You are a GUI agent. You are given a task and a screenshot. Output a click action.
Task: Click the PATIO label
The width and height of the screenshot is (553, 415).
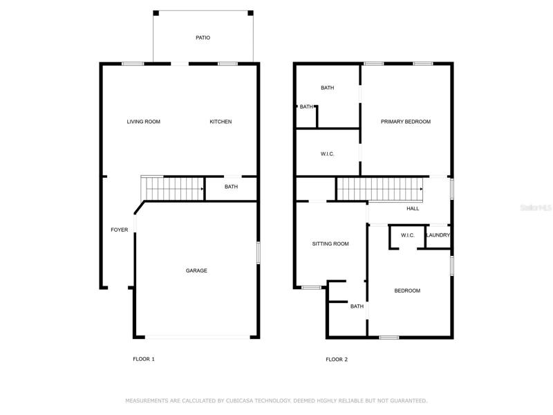coord(203,37)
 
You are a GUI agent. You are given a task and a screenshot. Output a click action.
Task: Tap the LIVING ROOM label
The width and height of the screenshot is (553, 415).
coord(144,122)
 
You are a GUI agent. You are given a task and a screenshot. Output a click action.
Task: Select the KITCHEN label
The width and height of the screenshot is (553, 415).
coord(221,122)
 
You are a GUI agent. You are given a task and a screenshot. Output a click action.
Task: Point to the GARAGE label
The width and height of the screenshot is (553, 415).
coord(196,270)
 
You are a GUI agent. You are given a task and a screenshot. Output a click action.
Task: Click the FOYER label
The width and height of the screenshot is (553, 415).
coord(120,230)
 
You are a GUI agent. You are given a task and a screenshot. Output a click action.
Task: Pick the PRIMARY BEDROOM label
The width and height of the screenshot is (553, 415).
coord(406,122)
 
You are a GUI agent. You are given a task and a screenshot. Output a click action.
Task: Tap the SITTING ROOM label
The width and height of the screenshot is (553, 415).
coord(330,243)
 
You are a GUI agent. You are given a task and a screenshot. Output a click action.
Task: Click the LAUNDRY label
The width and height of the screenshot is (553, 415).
coord(438,235)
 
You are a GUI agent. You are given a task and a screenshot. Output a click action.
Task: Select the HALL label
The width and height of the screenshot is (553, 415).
coord(413,209)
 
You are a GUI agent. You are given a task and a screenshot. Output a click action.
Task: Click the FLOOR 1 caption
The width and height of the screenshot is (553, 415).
coord(144,359)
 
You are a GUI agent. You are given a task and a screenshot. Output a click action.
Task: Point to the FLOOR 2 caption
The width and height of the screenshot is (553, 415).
coord(337,359)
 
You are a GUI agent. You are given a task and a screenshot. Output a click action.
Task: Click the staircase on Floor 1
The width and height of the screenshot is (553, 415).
coord(172,188)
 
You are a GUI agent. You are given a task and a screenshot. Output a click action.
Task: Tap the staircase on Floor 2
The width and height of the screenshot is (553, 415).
coord(380,189)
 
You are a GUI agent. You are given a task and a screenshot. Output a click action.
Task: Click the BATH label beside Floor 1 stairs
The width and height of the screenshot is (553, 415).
coord(231,187)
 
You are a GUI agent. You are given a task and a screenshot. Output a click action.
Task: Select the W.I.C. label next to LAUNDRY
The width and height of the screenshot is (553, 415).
coord(408,235)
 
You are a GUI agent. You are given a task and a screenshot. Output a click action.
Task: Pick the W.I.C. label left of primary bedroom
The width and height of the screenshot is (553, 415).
coord(327,154)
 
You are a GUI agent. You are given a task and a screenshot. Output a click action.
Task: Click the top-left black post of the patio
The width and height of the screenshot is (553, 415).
coord(156,13)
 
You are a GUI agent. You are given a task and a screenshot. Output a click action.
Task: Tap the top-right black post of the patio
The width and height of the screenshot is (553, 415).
coord(250,13)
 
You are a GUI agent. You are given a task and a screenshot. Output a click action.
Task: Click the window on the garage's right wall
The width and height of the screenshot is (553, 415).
coord(258,252)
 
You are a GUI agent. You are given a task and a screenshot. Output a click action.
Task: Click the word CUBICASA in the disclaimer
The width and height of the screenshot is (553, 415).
coord(239,400)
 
